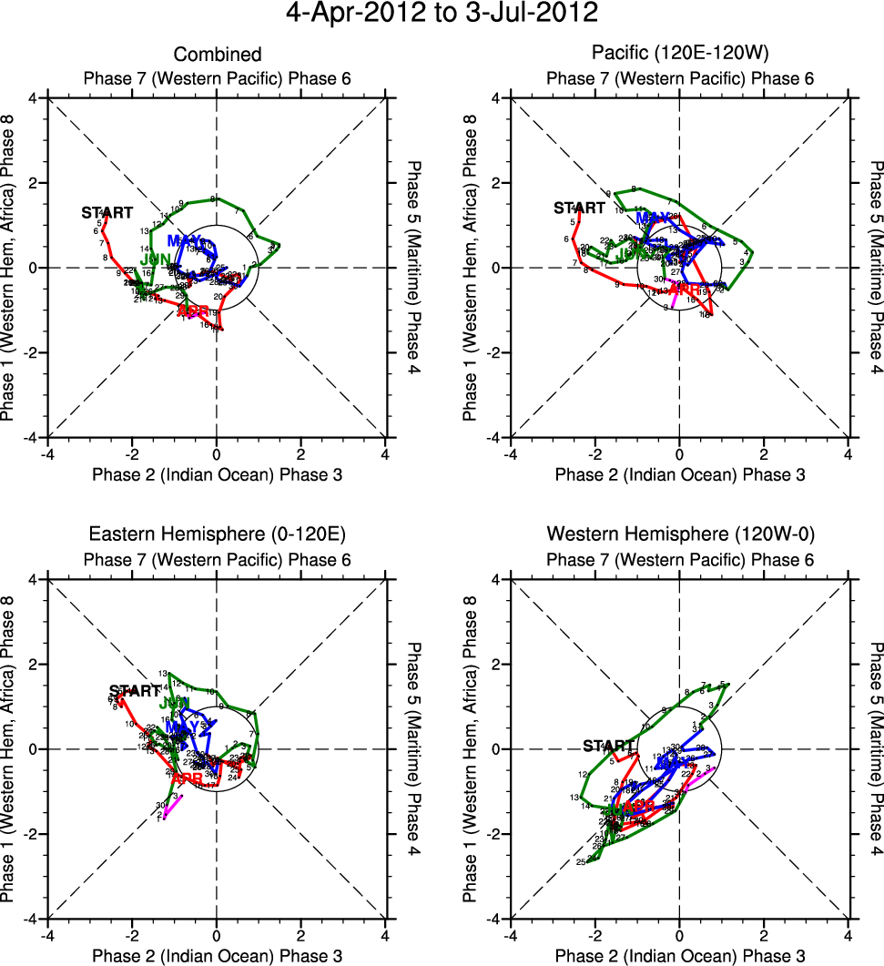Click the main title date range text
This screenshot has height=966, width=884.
click(x=442, y=14)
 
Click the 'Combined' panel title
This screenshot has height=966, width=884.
click(x=218, y=56)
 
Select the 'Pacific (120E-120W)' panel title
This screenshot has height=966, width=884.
click(x=680, y=56)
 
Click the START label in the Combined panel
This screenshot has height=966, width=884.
click(x=107, y=213)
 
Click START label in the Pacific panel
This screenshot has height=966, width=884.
click(x=579, y=208)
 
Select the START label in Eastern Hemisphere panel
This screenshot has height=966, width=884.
click(x=135, y=690)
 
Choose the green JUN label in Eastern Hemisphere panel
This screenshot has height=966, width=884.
click(x=174, y=703)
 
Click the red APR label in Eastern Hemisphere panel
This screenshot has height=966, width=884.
click(x=187, y=778)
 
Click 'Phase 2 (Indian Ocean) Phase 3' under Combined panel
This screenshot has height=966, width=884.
click(x=218, y=475)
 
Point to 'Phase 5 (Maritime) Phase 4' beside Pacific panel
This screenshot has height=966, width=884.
click(x=877, y=267)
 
